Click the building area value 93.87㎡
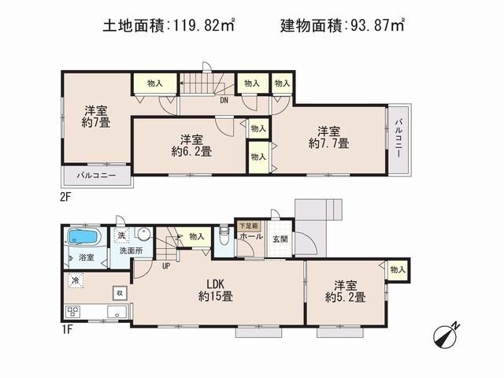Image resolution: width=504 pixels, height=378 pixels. tap(376, 27)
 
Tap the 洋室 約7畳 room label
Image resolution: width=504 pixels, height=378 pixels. tap(95, 117)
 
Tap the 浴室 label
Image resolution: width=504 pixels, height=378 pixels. tap(85, 258)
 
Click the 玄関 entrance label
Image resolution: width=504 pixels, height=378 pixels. tap(280, 239)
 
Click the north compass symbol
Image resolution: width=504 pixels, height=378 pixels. tap(447, 335)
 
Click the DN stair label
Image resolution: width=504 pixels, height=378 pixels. tap(224, 99)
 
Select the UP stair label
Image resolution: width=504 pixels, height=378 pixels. tap(166, 265)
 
